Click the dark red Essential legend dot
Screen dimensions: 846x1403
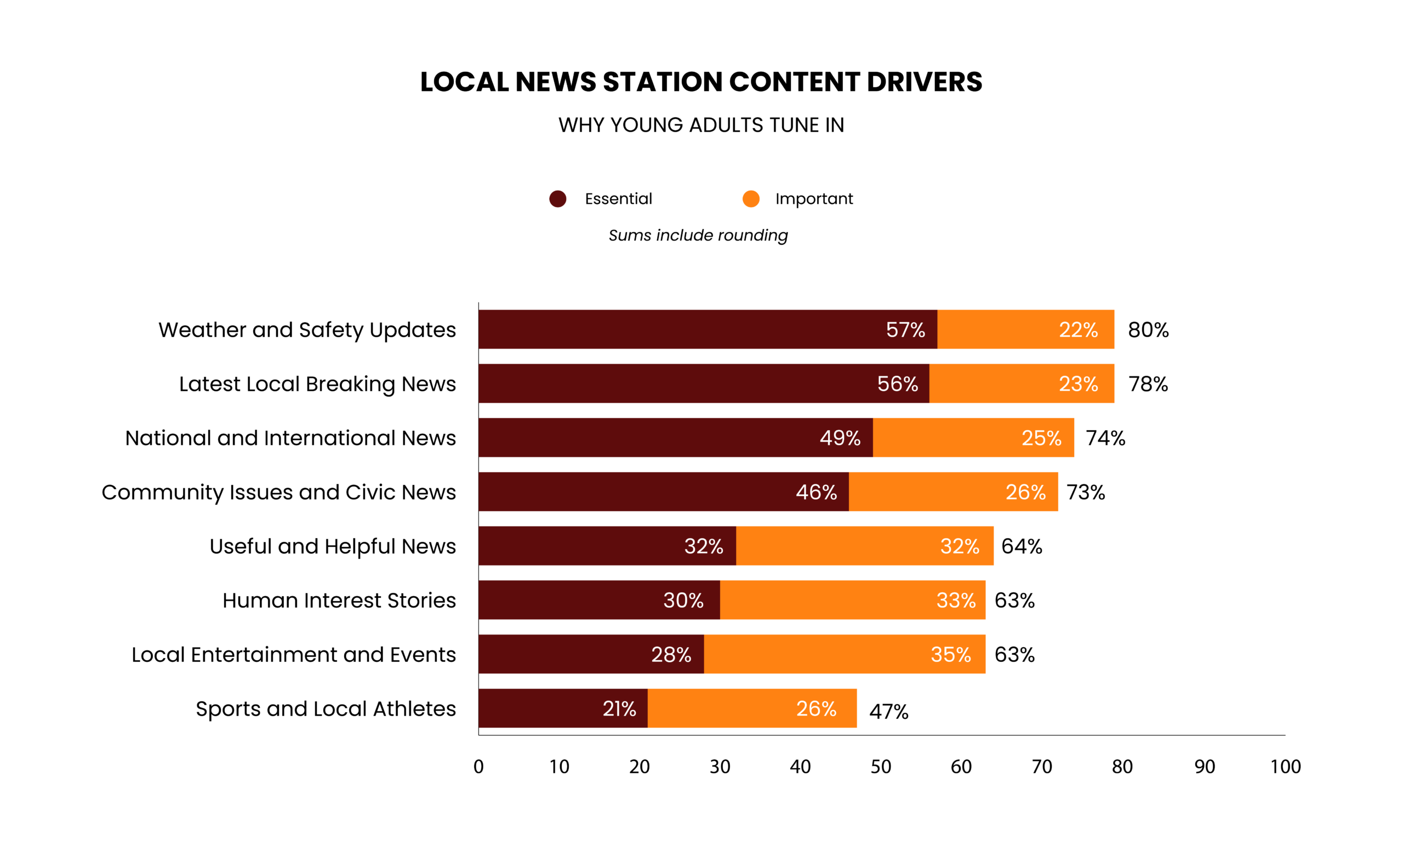pyautogui.click(x=557, y=199)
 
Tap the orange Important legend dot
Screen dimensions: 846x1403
pyautogui.click(x=751, y=199)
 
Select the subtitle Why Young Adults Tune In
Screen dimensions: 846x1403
pyautogui.click(x=701, y=125)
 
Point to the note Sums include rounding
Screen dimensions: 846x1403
pyautogui.click(x=698, y=235)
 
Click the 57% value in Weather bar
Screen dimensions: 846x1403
pyautogui.click(x=905, y=330)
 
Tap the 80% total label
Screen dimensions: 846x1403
pyautogui.click(x=1148, y=330)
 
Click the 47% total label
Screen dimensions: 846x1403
pyautogui.click(x=888, y=712)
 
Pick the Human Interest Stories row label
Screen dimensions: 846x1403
pyautogui.click(x=339, y=600)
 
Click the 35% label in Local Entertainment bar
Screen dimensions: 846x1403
pyautogui.click(x=950, y=654)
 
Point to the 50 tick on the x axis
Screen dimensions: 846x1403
pyautogui.click(x=880, y=767)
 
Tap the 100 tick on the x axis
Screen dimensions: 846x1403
pyautogui.click(x=1285, y=767)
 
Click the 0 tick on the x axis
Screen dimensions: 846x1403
pyautogui.click(x=478, y=767)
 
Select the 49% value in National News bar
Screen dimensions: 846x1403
pyautogui.click(x=840, y=438)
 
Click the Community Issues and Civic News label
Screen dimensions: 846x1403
pyautogui.click(x=278, y=492)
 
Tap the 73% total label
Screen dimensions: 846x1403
pyautogui.click(x=1085, y=492)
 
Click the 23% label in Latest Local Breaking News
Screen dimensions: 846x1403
pyautogui.click(x=1078, y=384)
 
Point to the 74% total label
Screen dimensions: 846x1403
pyautogui.click(x=1105, y=438)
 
